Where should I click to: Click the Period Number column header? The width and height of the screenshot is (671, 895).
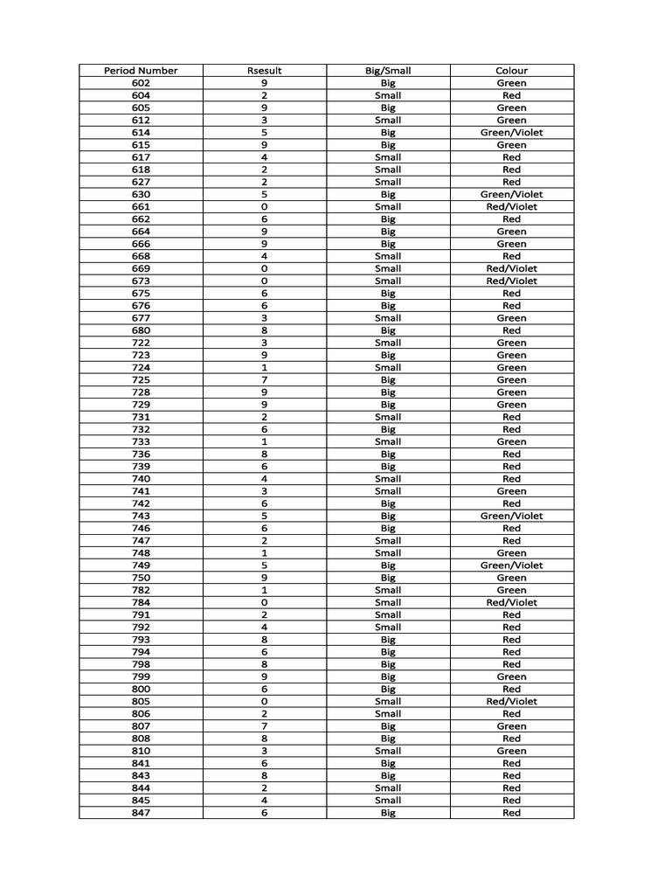tap(141, 71)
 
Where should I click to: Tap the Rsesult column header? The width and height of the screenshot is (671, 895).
tap(264, 71)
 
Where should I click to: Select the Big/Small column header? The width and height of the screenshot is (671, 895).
tap(388, 71)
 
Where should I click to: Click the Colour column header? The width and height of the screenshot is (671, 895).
tap(512, 71)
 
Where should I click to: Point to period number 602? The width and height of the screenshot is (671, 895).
tap(141, 83)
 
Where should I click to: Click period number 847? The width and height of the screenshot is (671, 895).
tap(141, 813)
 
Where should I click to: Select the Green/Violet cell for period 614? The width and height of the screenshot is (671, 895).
tap(512, 133)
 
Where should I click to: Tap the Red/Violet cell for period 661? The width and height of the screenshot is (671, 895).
tap(512, 207)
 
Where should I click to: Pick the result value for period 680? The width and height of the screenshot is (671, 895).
tap(264, 330)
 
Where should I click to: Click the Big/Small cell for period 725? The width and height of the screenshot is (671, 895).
tap(388, 380)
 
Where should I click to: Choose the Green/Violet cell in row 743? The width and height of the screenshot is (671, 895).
tap(512, 516)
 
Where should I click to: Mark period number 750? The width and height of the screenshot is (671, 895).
tap(141, 578)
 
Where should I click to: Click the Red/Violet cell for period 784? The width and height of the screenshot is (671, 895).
tap(512, 602)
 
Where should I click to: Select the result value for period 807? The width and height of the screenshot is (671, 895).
tap(264, 726)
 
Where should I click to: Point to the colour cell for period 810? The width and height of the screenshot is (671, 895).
tap(512, 751)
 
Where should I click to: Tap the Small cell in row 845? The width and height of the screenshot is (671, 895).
tap(388, 801)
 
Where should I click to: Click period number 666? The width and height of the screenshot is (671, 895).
tap(141, 244)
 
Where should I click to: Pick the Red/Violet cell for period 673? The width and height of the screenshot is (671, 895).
tap(512, 281)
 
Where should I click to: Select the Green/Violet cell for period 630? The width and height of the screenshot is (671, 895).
tap(512, 194)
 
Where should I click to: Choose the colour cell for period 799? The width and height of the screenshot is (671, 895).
tap(512, 676)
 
